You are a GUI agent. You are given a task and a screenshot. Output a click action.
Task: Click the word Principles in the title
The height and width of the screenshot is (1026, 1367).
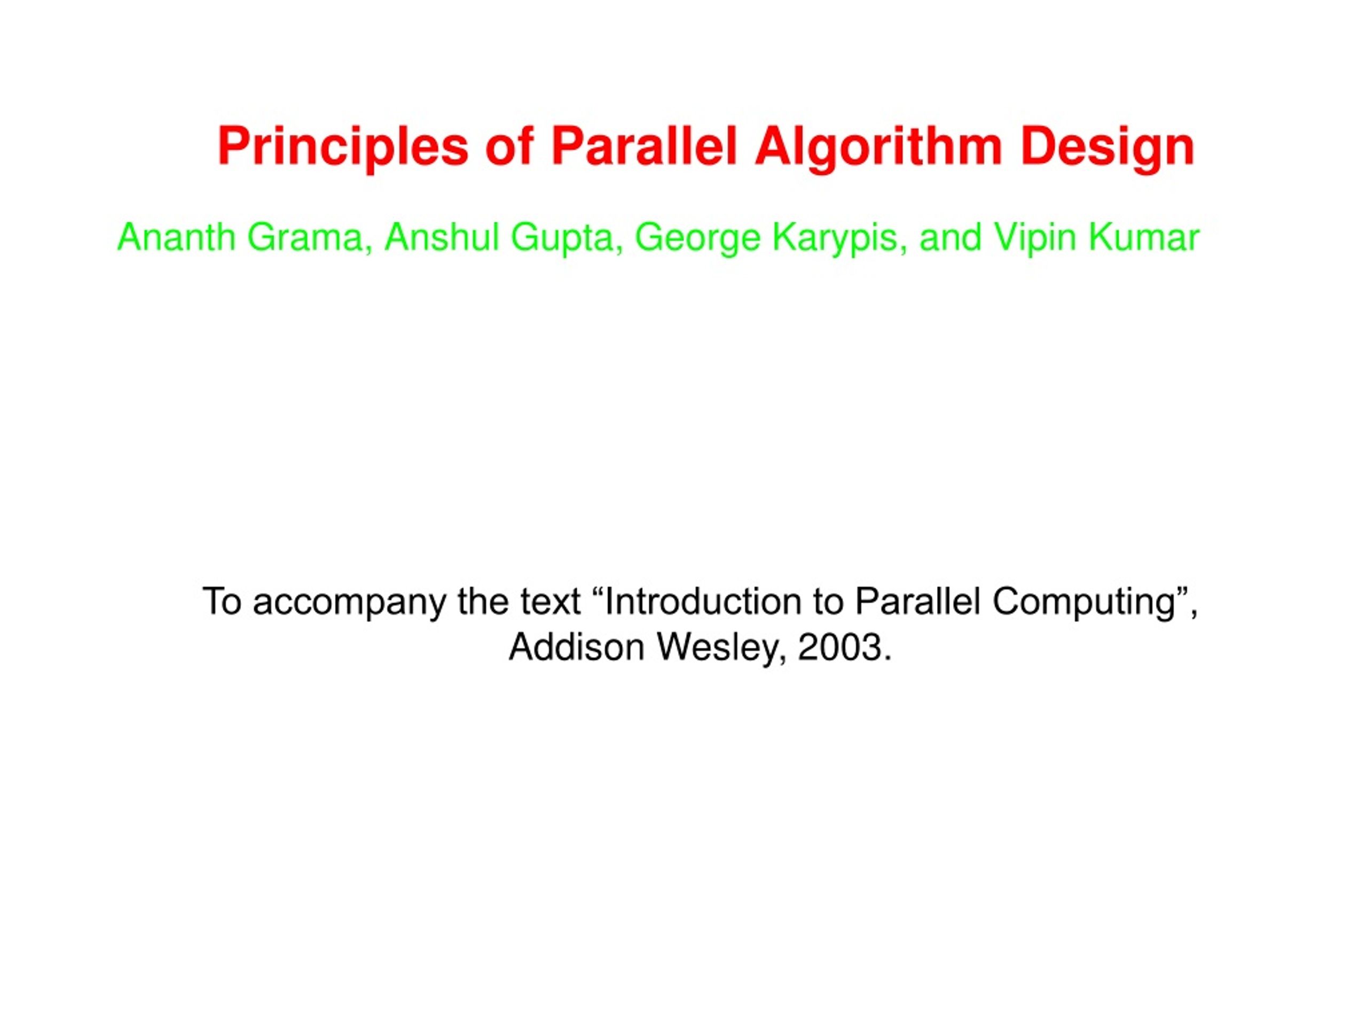point(343,147)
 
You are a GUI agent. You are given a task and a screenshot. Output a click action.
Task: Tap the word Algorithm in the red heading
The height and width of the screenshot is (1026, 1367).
point(877,147)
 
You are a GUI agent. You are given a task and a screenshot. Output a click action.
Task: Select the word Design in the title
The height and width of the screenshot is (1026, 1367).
point(1107,147)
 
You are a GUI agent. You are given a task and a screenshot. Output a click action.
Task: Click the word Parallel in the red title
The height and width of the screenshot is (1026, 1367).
point(644,147)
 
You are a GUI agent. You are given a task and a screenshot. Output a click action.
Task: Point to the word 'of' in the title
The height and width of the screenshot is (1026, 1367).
point(509,147)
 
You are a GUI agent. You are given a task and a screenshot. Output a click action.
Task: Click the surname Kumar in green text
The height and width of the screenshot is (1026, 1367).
point(1144,237)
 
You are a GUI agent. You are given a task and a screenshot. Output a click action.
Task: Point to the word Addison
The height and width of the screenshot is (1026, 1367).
point(577,648)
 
